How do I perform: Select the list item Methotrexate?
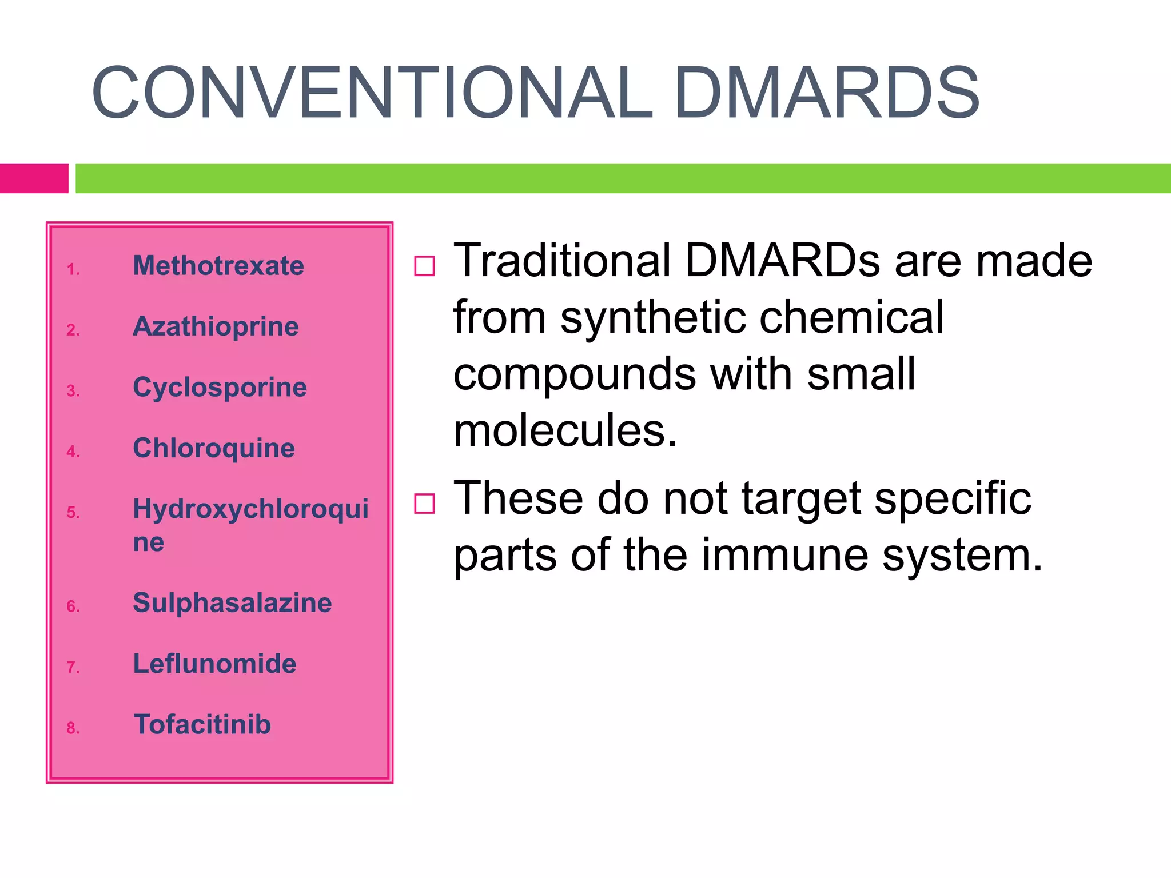[218, 266]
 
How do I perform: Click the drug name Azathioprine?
[216, 327]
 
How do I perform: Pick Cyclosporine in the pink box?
[220, 388]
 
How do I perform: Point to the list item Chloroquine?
[214, 448]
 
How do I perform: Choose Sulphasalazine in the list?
[232, 603]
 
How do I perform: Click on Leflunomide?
[214, 664]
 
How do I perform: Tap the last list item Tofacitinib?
[202, 725]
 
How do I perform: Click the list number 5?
[73, 512]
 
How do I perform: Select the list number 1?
[73, 269]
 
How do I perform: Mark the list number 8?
[73, 728]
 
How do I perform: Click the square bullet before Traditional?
[424, 266]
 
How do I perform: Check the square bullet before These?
[424, 504]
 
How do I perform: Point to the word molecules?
[565, 430]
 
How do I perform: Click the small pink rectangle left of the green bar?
[34, 178]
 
